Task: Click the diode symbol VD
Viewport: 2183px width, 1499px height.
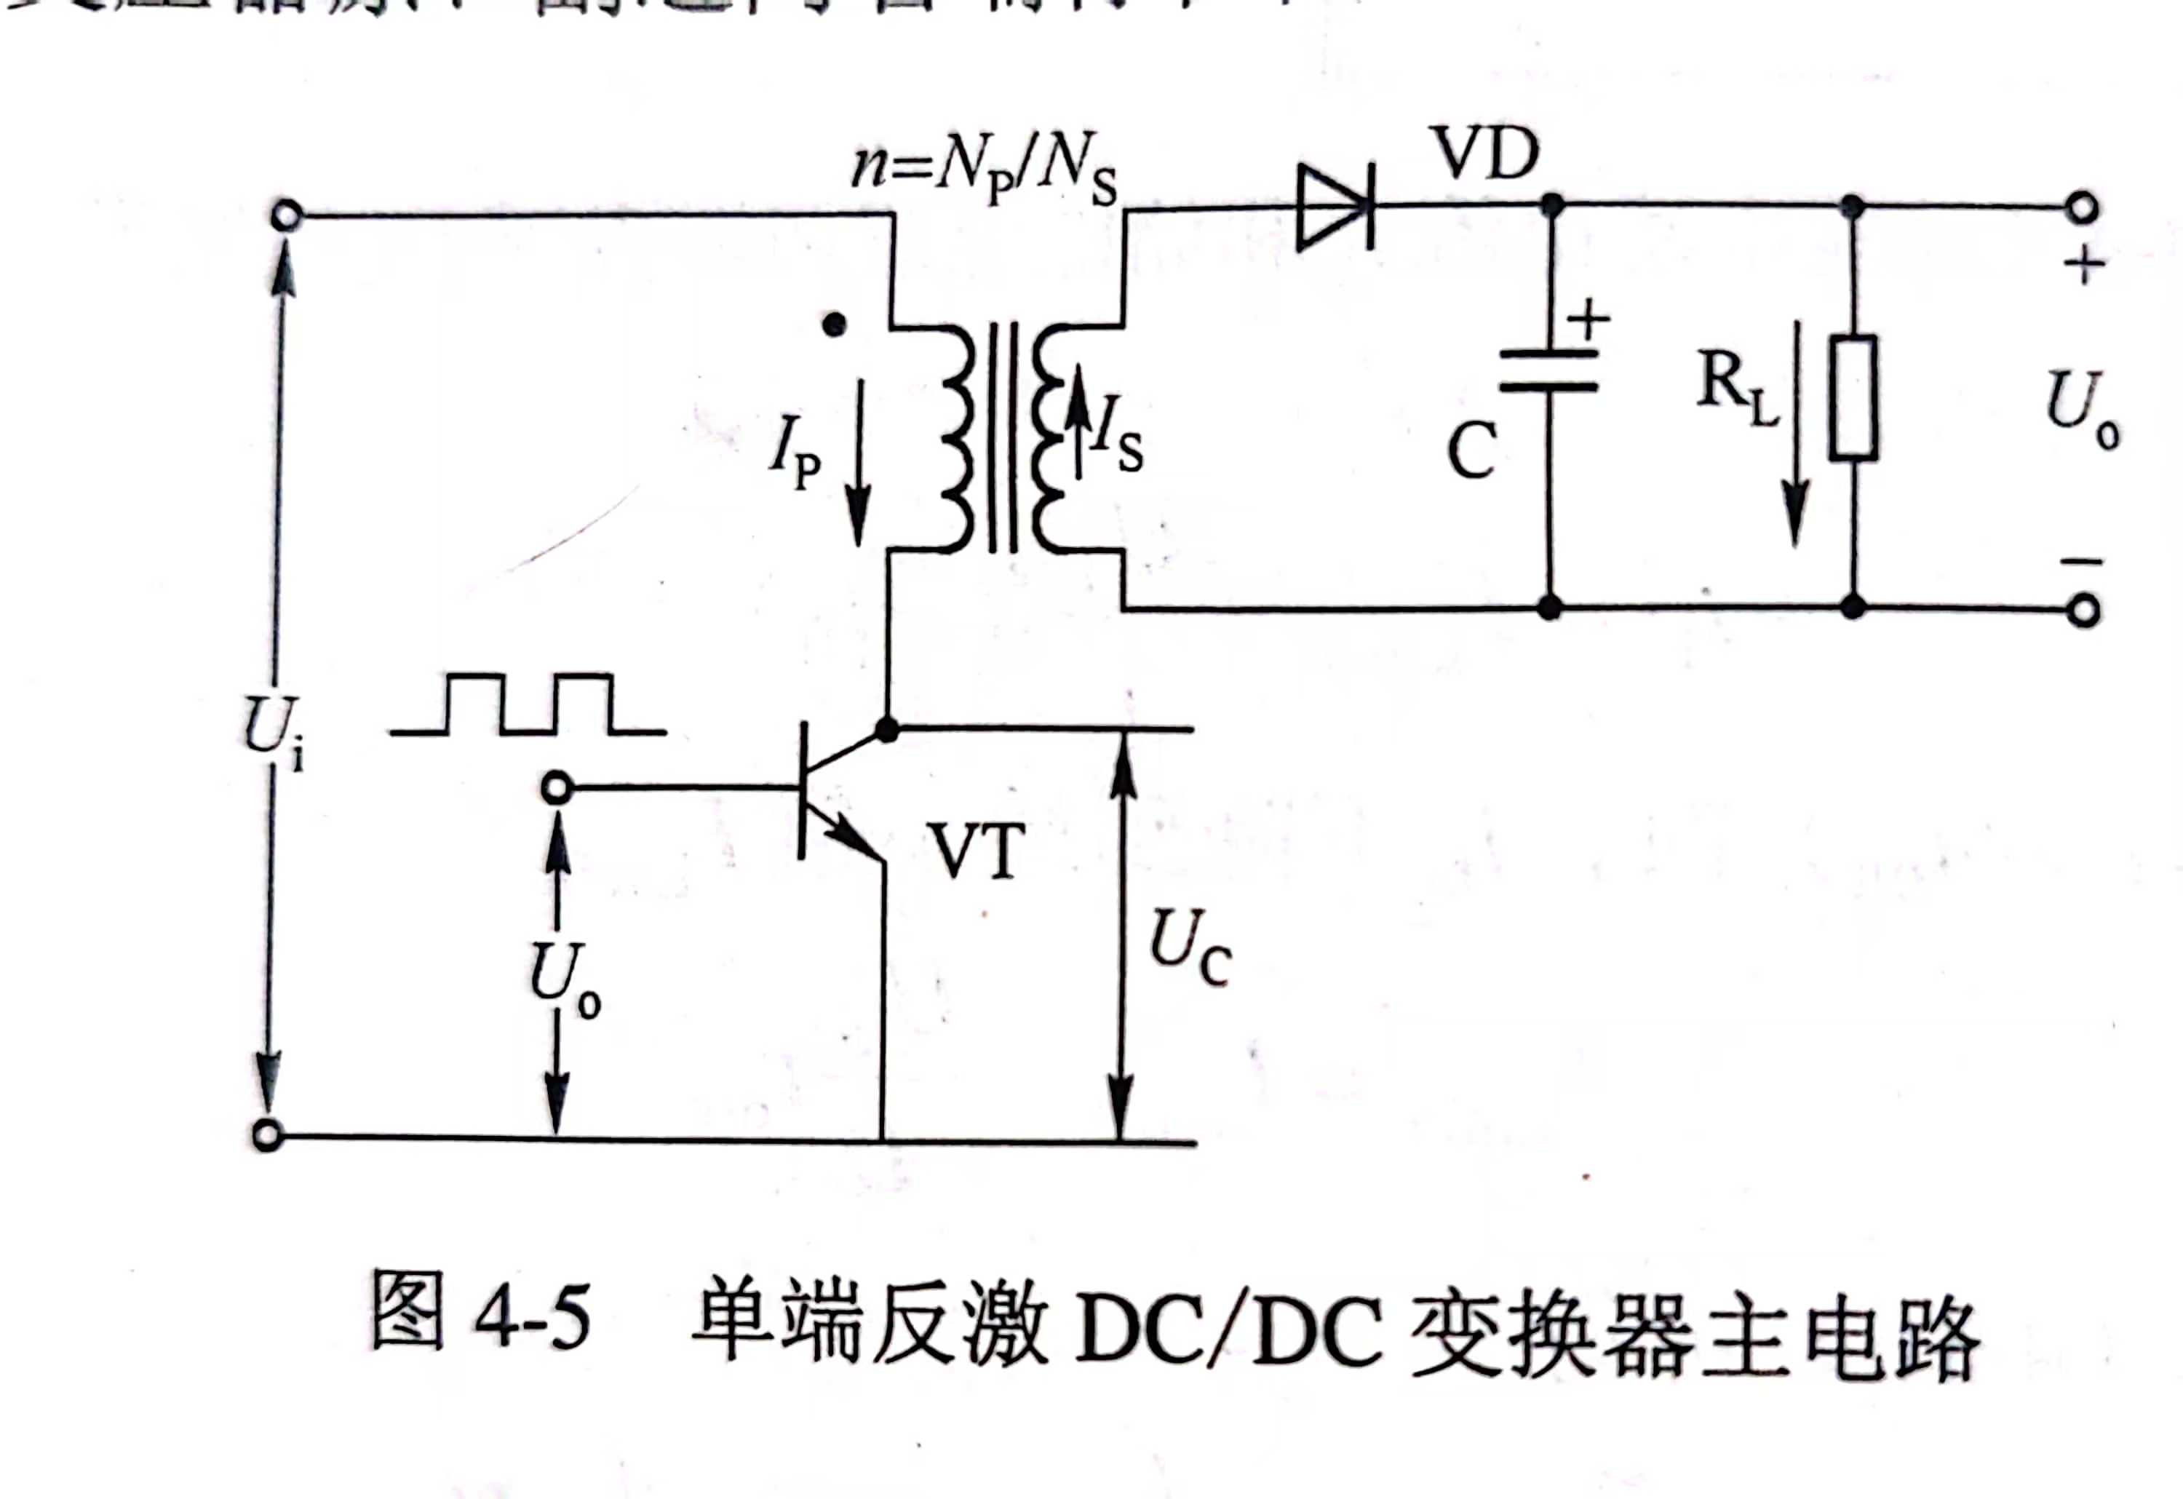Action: point(1334,207)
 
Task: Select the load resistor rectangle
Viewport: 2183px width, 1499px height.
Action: point(1853,397)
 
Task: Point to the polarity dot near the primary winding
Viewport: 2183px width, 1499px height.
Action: point(833,325)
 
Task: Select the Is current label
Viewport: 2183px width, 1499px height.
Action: point(1118,442)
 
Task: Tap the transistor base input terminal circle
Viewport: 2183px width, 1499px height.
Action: point(556,788)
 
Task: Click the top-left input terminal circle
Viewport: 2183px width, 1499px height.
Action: point(285,216)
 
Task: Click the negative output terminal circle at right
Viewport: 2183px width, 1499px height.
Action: point(2083,611)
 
